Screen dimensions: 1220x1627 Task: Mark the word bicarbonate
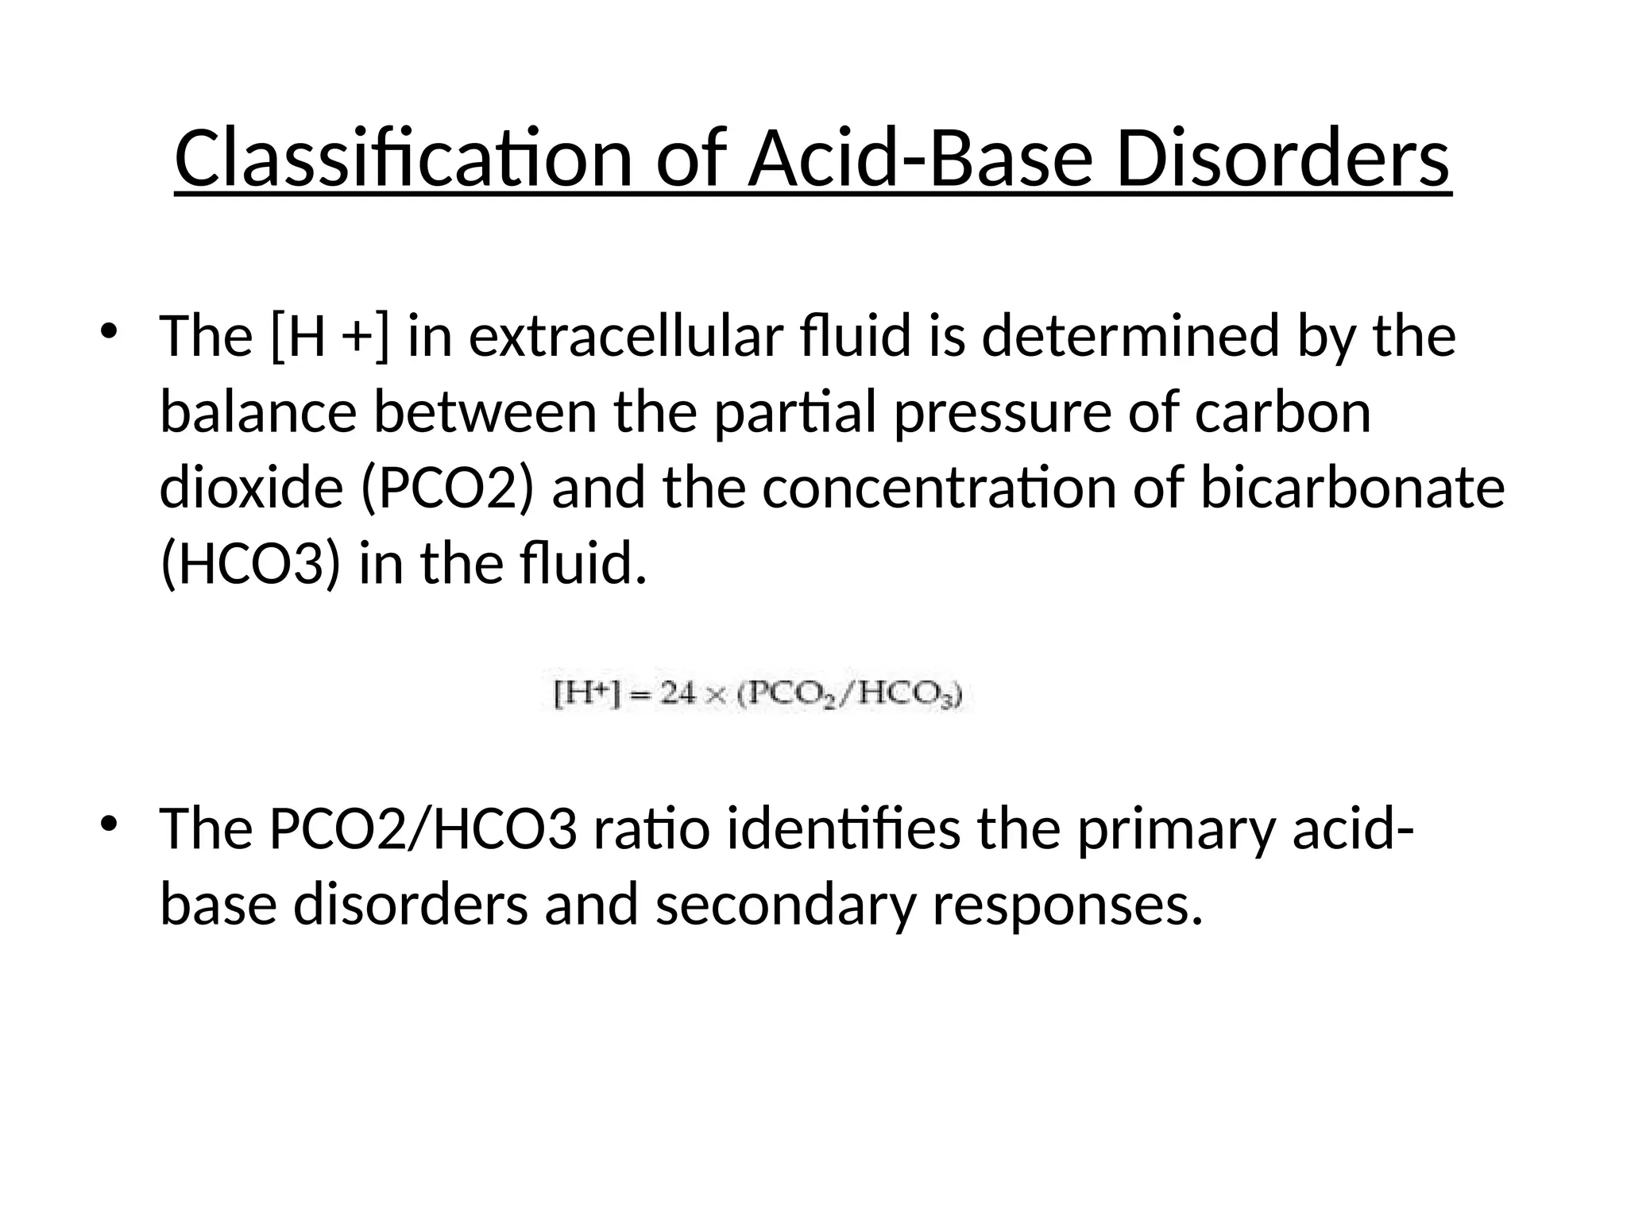point(1351,488)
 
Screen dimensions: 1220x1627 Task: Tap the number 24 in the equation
point(678,695)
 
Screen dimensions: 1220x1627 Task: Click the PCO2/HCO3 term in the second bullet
point(423,829)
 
